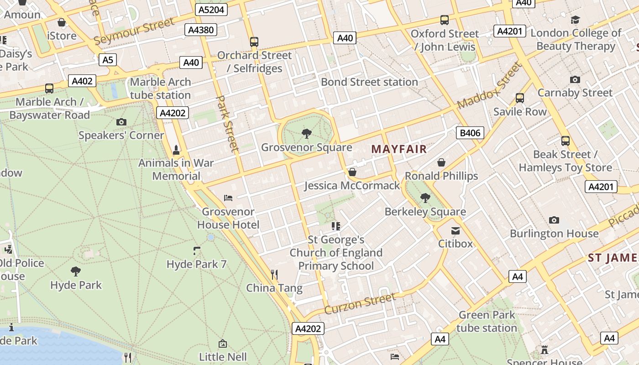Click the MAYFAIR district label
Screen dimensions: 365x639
point(399,149)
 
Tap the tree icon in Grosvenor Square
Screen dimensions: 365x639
point(307,134)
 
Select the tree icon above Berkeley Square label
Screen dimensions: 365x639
point(425,198)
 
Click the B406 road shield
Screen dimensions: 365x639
point(470,133)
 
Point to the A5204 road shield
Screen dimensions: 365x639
point(211,10)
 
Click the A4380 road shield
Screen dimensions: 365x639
point(201,30)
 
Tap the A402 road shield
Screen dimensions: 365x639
point(82,81)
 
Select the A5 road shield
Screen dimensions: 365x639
point(108,60)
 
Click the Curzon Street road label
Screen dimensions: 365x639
point(360,303)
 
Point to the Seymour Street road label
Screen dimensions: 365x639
point(134,31)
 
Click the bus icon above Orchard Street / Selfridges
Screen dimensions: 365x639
point(254,42)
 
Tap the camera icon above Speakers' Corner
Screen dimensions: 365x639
point(121,122)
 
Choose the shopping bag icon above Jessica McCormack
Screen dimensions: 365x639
point(352,172)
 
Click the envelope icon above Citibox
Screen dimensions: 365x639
point(456,230)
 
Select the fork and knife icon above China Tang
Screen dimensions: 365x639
point(274,274)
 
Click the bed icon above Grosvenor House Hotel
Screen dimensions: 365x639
point(228,198)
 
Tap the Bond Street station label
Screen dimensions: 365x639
point(369,82)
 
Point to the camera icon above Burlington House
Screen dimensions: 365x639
point(554,220)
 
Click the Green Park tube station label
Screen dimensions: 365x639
point(487,321)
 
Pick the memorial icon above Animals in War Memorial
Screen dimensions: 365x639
point(176,150)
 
